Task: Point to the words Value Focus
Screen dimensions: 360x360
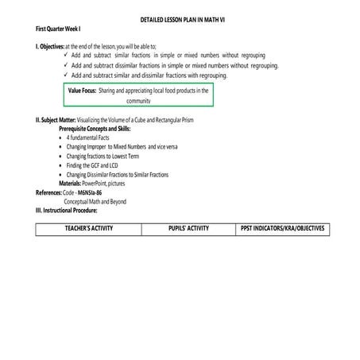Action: click(83, 91)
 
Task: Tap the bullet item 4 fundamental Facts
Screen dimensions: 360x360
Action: click(88, 137)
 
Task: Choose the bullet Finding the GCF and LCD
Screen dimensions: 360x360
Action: click(95, 165)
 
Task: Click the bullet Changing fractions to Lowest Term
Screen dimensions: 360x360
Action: click(104, 156)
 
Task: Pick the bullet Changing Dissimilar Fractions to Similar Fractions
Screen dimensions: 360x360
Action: click(117, 174)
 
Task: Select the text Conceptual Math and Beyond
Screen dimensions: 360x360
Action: click(95, 202)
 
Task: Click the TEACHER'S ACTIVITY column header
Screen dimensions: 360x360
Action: click(88, 229)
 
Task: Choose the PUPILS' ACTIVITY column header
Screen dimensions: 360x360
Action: click(188, 229)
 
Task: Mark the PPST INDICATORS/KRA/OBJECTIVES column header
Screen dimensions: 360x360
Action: click(281, 229)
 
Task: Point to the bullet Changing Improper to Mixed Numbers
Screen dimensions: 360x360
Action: click(116, 146)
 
